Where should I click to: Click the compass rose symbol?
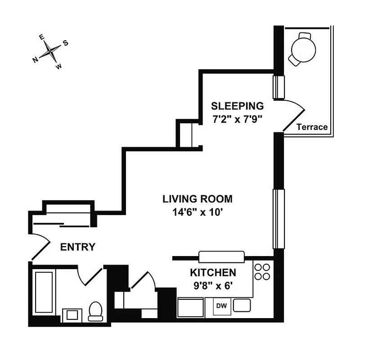52,52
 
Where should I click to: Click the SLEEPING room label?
237,106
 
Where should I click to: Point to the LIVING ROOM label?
198,198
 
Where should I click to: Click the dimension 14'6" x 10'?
198,212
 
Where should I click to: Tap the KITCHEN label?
213,272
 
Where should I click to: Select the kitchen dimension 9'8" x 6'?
213,285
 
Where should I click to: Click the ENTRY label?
78,247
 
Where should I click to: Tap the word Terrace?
312,127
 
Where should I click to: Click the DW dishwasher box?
221,306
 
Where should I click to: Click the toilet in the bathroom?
95,311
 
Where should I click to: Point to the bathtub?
45,292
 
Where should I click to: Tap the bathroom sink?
72,315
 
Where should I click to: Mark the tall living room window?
279,219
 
